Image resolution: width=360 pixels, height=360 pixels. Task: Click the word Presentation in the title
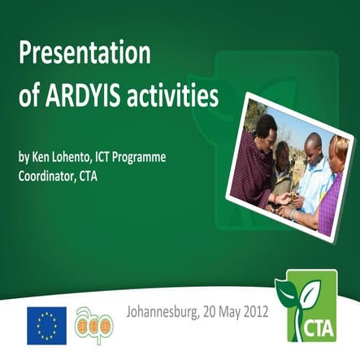pyautogui.click(x=85, y=55)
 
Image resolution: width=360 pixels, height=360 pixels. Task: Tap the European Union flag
pyautogui.click(x=46, y=323)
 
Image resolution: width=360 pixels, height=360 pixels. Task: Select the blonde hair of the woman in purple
pyautogui.click(x=340, y=147)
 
